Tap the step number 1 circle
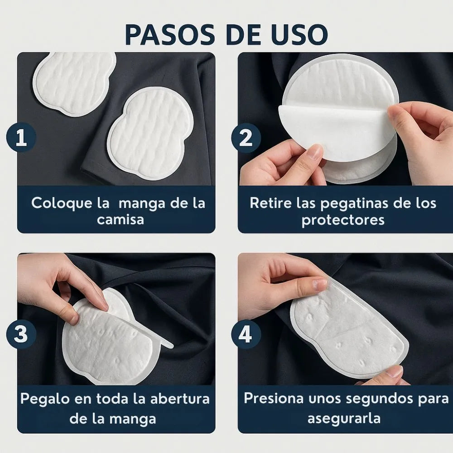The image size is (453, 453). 21,137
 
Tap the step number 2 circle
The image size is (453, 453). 246,137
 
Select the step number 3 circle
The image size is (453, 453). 21,334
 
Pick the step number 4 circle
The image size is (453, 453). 246,335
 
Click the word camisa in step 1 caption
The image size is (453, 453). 120,220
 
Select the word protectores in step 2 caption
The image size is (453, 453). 343,220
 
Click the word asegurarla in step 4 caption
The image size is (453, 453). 343,418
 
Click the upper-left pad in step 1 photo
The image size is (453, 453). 75,82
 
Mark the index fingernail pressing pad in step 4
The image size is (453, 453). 320,284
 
